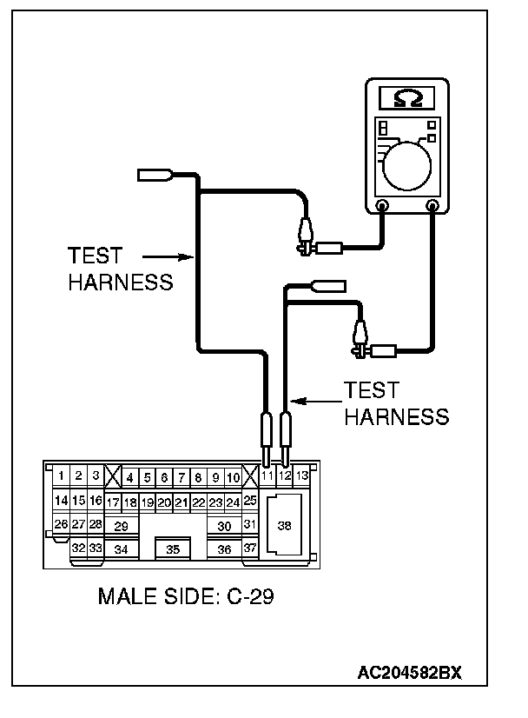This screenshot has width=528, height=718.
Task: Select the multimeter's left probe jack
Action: point(382,206)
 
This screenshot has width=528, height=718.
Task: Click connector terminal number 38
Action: point(284,525)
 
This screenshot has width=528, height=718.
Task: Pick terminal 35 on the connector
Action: point(173,549)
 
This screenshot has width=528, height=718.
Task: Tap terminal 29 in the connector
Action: point(121,526)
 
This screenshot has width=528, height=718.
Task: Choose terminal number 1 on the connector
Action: point(62,476)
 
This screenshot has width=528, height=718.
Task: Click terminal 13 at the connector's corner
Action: point(301,475)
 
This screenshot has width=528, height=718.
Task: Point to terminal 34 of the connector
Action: point(121,549)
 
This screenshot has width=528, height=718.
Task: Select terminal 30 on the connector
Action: point(224,526)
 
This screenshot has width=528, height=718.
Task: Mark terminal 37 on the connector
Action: point(249,548)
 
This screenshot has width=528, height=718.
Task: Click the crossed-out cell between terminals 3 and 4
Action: point(112,476)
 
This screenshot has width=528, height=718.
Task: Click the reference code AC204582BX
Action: point(410,673)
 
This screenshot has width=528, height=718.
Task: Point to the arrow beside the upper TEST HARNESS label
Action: point(166,256)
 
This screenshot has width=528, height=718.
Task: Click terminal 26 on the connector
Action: point(61,524)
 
